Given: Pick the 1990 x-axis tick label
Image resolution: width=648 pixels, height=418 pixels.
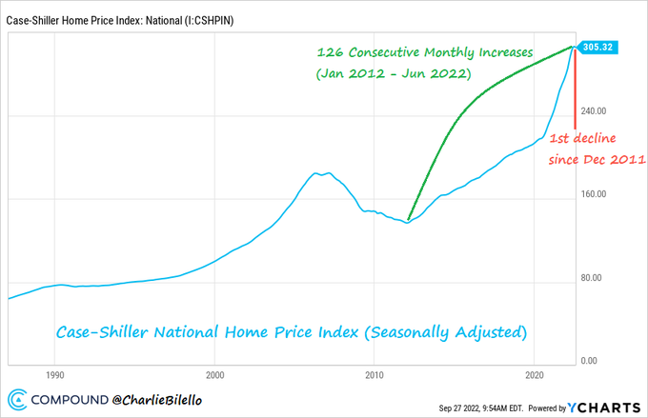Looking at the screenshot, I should click(55, 375).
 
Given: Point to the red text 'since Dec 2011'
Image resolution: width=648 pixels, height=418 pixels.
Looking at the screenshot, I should click(597, 159).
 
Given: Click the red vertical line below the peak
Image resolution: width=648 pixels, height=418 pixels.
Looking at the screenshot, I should click(575, 95).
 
